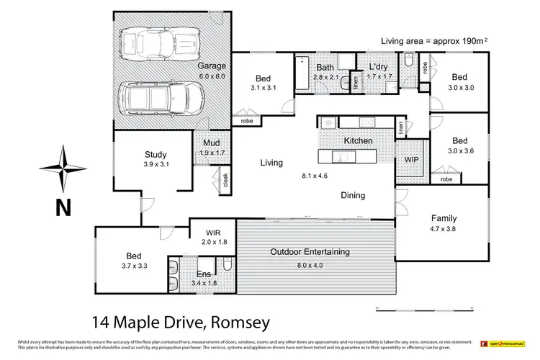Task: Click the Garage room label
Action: pyautogui.click(x=212, y=66)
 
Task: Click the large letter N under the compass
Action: pyautogui.click(x=63, y=207)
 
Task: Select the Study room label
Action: pyautogui.click(x=156, y=154)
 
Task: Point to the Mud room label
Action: pyautogui.click(x=210, y=143)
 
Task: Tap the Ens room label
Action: pyautogui.click(x=204, y=274)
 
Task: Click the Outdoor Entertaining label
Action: pyautogui.click(x=310, y=252)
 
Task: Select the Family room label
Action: pyautogui.click(x=444, y=218)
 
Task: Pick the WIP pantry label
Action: pyautogui.click(x=412, y=158)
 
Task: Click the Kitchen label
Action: pyautogui.click(x=358, y=141)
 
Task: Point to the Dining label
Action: pyautogui.click(x=353, y=195)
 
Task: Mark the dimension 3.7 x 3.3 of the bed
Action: pyautogui.click(x=134, y=266)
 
